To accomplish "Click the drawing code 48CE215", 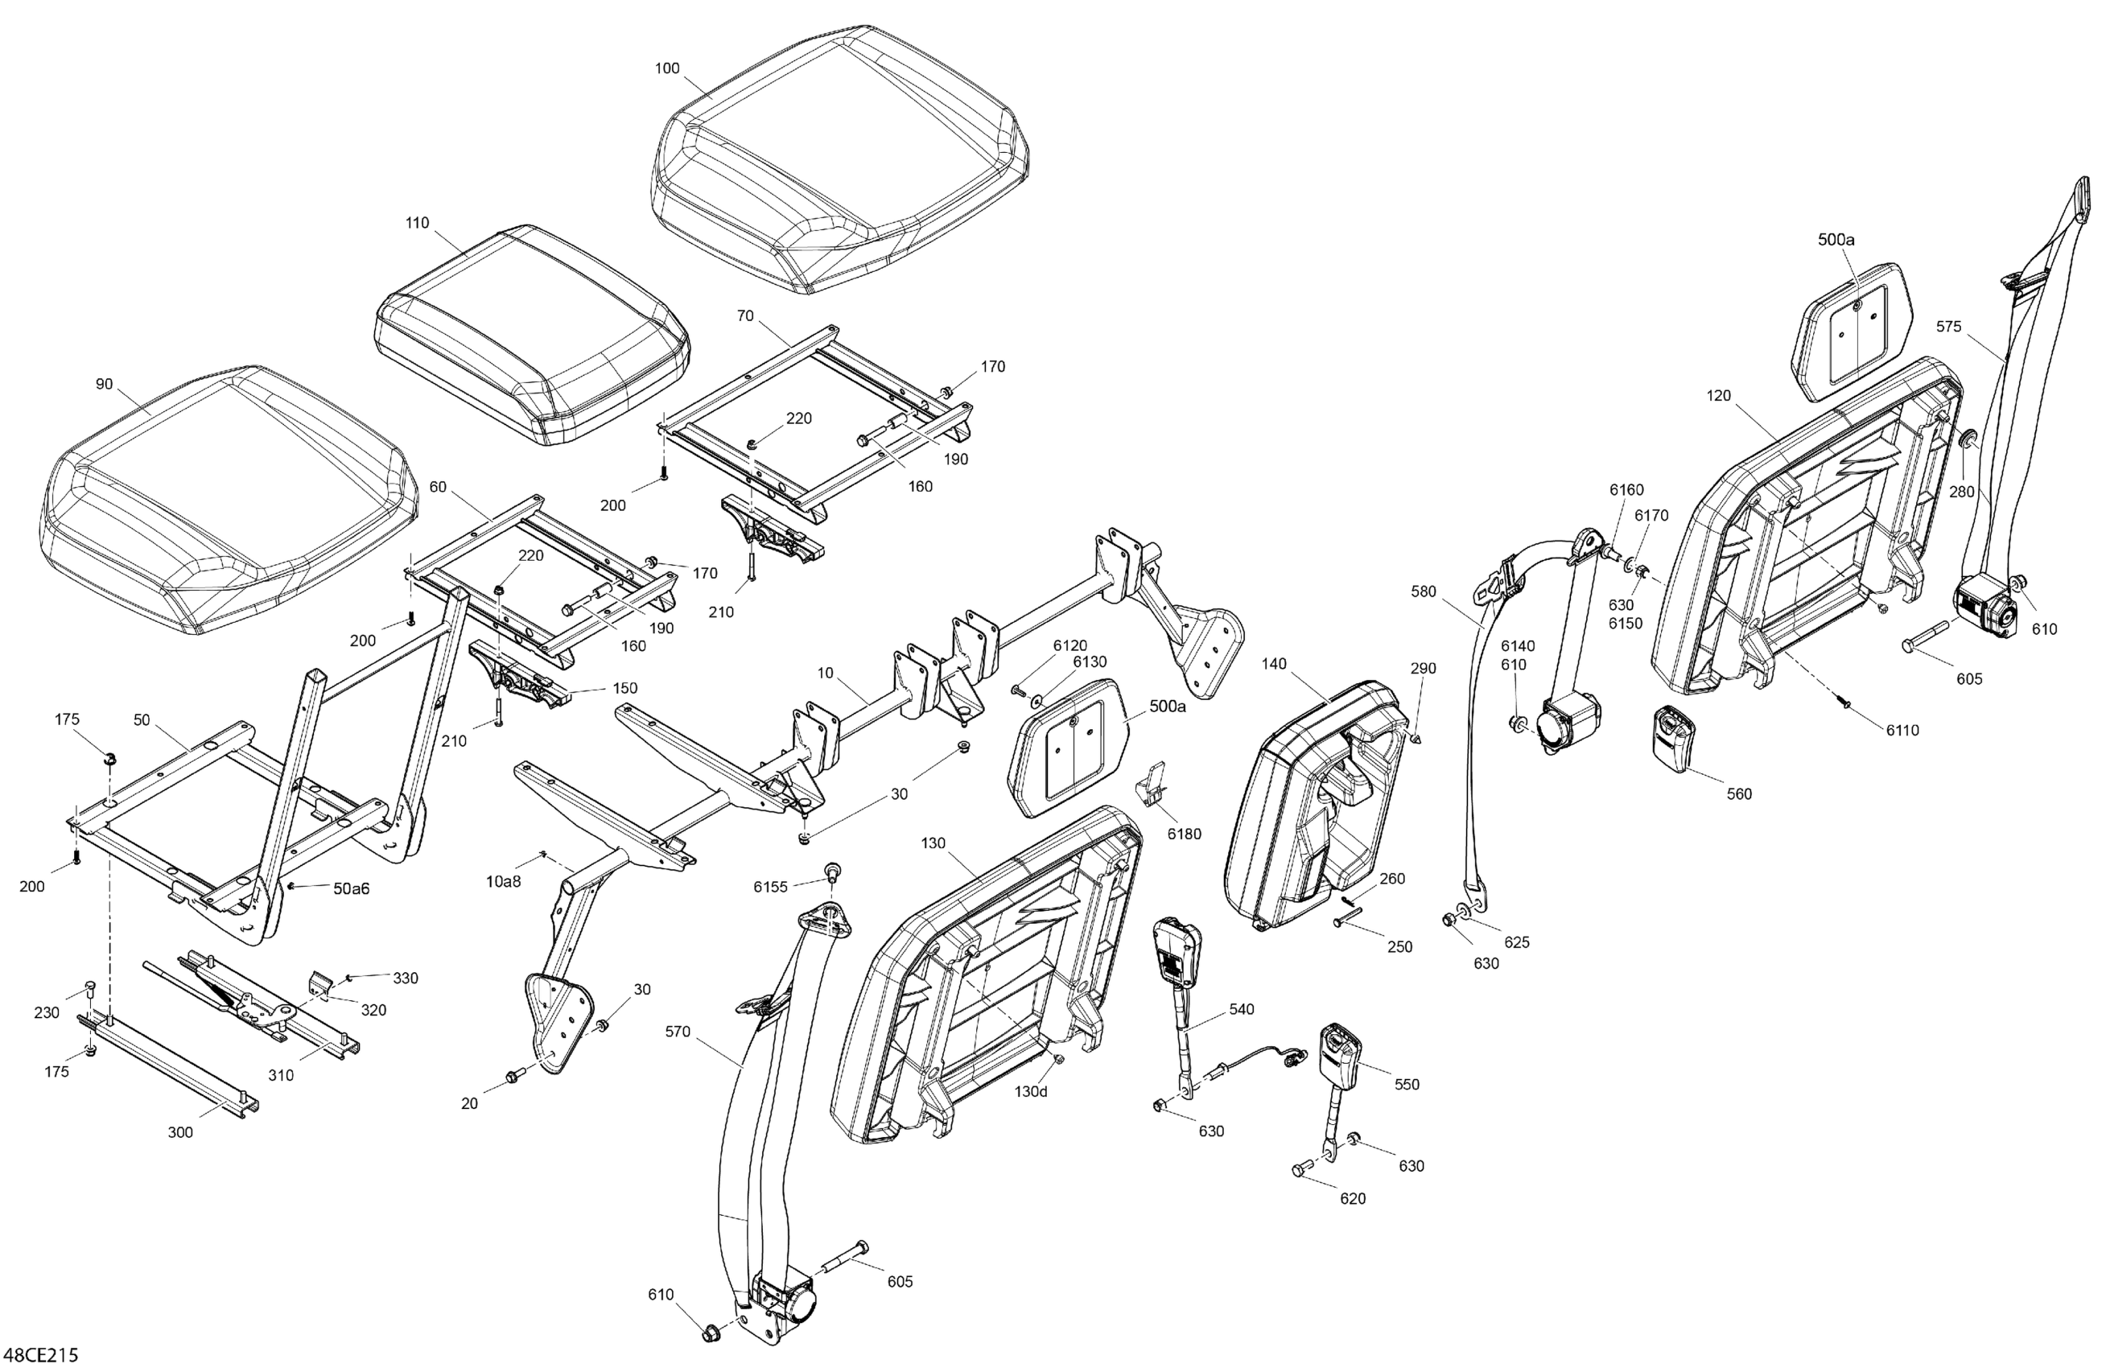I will [x=42, y=1354].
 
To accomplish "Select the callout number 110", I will [x=417, y=224].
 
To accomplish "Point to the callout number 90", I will [x=104, y=384].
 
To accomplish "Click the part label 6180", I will [x=1185, y=834].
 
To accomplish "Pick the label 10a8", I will [x=503, y=881].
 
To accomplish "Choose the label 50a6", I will [x=351, y=888].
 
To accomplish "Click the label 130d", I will [x=1031, y=1092].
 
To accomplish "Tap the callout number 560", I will [x=1739, y=794].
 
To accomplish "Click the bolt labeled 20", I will [x=513, y=1077].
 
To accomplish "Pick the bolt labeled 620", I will [x=1301, y=1170].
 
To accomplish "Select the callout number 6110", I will [x=1902, y=731].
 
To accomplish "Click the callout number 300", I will [x=180, y=1132].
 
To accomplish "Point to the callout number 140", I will [x=1273, y=664].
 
